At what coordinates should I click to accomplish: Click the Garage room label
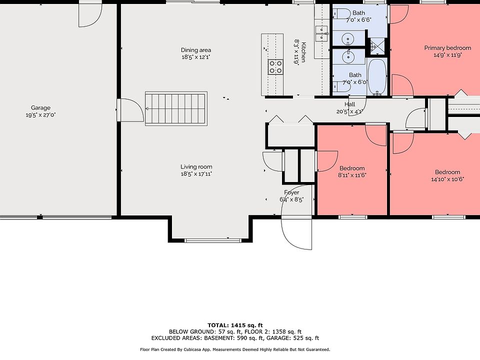(40, 108)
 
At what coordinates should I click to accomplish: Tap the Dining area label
(196, 50)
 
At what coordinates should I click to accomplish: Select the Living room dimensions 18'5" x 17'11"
(196, 174)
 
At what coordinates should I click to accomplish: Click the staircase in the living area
(176, 108)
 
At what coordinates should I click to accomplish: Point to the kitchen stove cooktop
(275, 67)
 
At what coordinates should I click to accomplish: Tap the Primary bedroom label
(447, 48)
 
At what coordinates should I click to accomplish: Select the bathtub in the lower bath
(377, 77)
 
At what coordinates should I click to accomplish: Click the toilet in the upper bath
(342, 14)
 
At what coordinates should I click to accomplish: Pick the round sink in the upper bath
(348, 39)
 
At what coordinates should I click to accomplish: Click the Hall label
(349, 104)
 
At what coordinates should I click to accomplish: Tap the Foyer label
(291, 192)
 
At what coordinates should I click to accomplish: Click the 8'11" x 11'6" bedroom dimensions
(352, 175)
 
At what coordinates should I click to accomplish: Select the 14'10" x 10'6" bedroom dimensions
(447, 179)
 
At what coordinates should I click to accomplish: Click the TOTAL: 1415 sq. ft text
(235, 325)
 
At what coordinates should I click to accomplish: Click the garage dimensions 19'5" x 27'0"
(40, 115)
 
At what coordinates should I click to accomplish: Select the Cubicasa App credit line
(235, 349)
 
